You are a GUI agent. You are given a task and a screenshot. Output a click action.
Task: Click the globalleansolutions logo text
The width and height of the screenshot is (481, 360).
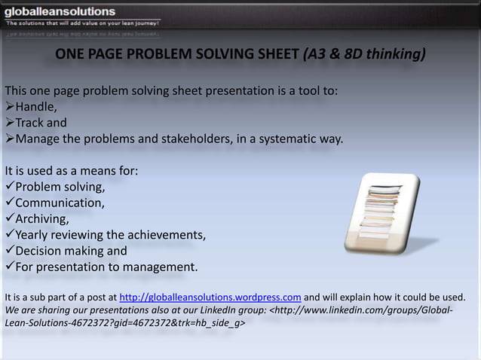coord(61,11)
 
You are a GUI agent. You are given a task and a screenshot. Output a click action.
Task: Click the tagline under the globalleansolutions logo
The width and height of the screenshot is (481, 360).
coord(83,23)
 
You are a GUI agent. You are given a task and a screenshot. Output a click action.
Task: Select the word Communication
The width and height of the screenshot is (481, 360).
coord(60,203)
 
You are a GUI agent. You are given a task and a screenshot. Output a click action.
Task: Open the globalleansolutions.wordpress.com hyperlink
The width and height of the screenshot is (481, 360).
coord(211,295)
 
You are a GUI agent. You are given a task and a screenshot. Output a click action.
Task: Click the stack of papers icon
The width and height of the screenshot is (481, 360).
coord(385,213)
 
